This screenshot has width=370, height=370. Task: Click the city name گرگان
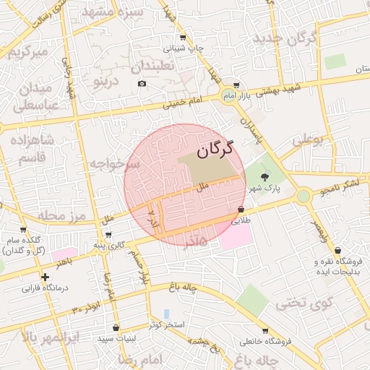pyautogui.click(x=217, y=150)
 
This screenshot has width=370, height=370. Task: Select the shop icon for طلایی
pyautogui.click(x=241, y=210)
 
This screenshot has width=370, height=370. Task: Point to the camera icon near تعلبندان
pyautogui.click(x=142, y=84)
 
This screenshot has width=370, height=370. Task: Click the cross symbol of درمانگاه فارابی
pyautogui.click(x=46, y=277)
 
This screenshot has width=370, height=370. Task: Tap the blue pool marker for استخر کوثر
pyautogui.click(x=167, y=314)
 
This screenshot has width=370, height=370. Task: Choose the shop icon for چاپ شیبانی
pyautogui.click(x=182, y=38)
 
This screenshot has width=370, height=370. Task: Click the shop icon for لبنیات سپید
pyautogui.click(x=116, y=327)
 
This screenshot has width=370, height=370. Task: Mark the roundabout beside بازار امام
pyautogui.click(x=228, y=95)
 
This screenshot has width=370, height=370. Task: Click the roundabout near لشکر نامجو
pyautogui.click(x=304, y=196)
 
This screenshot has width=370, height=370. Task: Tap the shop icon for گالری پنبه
pyautogui.click(x=108, y=235)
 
